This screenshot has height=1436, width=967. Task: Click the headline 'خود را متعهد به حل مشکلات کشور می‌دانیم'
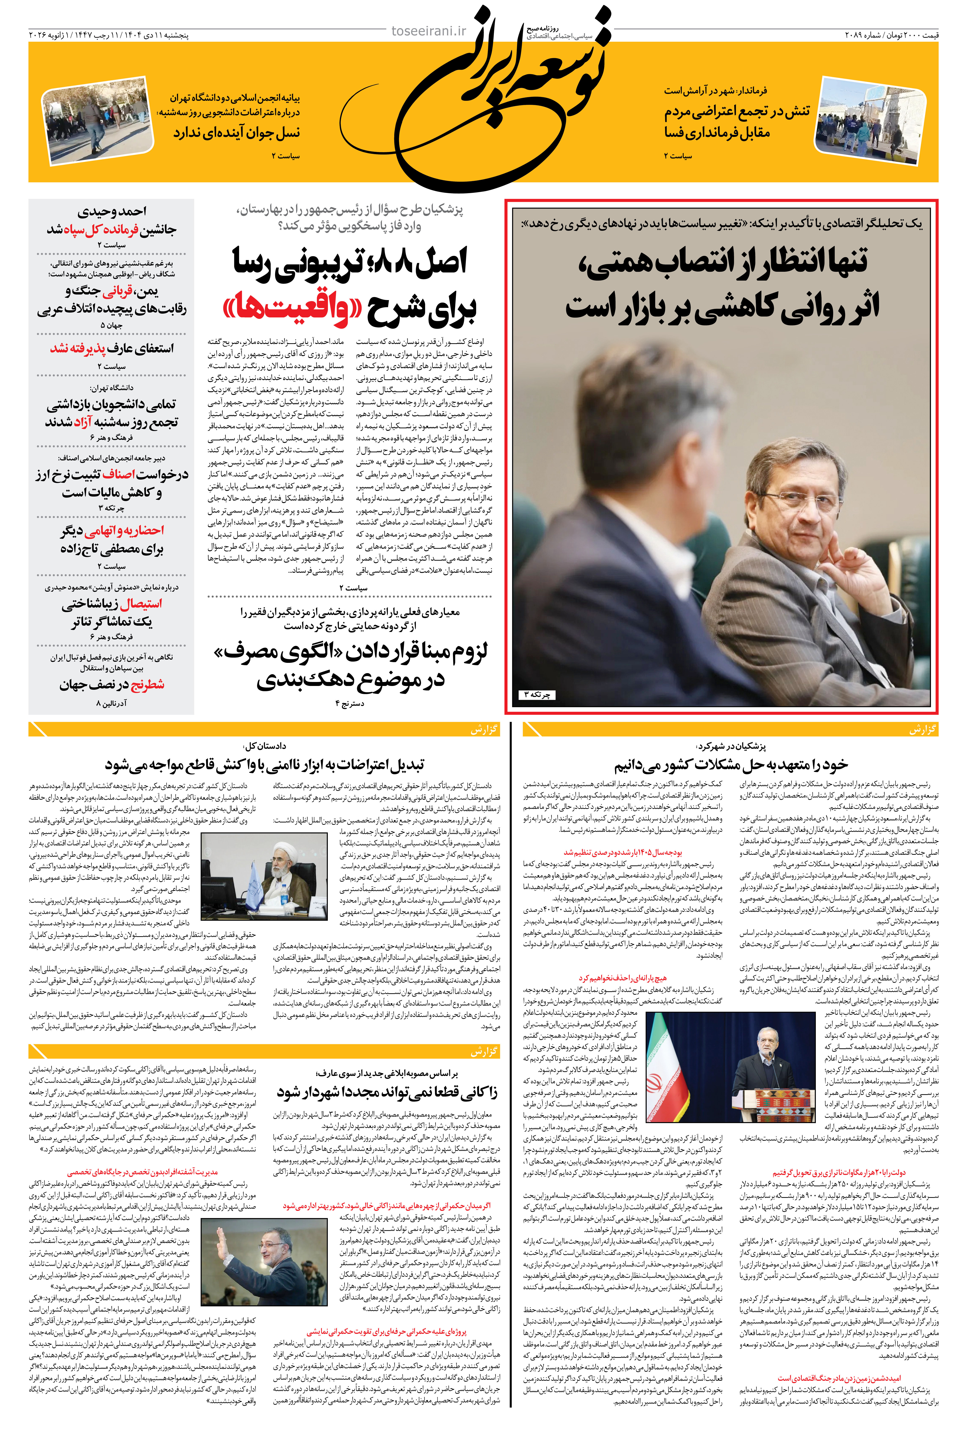[731, 766]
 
